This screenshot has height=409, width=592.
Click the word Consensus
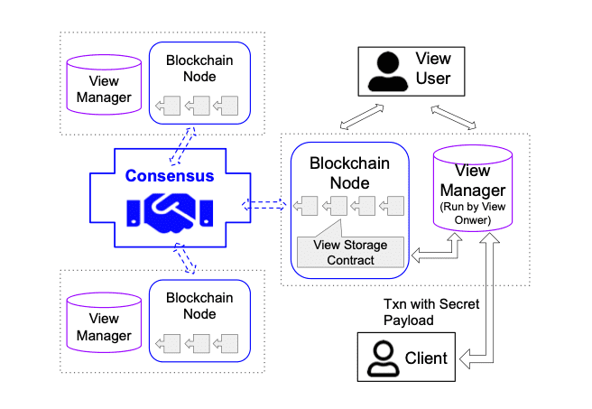click(170, 175)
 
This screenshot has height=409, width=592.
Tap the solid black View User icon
click(387, 71)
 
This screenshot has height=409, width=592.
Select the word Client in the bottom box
click(425, 358)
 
